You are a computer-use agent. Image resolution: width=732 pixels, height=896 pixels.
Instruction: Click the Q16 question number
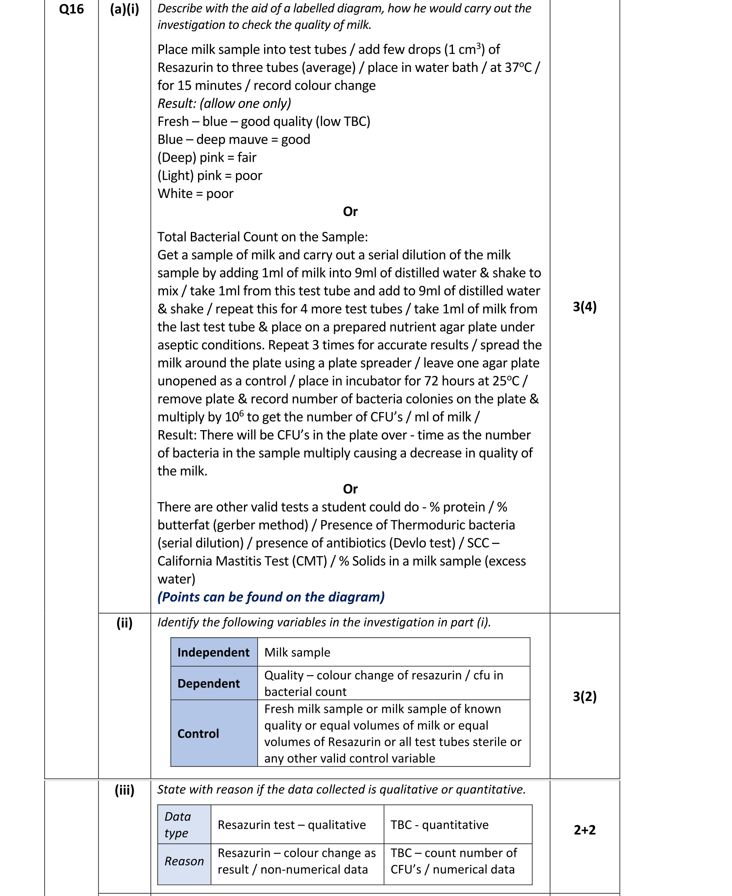pyautogui.click(x=71, y=9)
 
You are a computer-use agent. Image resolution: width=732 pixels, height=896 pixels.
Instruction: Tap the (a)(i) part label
pyautogui.click(x=124, y=9)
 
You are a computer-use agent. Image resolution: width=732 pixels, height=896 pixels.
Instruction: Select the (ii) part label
pyautogui.click(x=124, y=622)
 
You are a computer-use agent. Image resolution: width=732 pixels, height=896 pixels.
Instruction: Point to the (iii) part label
pyautogui.click(x=124, y=789)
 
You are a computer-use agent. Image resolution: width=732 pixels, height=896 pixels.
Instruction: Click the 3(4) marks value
pyautogui.click(x=584, y=307)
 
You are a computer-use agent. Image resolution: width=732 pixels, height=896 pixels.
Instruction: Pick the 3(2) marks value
pyautogui.click(x=584, y=696)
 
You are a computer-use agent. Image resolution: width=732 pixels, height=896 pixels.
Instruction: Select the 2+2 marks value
pyautogui.click(x=584, y=830)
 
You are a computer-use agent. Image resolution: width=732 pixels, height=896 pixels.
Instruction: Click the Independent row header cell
pyautogui.click(x=213, y=652)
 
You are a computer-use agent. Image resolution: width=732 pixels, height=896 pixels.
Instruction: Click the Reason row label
pyautogui.click(x=184, y=861)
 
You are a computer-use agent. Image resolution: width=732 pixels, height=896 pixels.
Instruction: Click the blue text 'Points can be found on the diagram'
pyautogui.click(x=271, y=597)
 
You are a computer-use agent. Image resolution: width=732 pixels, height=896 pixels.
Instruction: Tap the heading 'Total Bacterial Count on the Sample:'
pyautogui.click(x=262, y=237)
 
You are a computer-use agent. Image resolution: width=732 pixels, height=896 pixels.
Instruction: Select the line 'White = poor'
pyautogui.click(x=195, y=194)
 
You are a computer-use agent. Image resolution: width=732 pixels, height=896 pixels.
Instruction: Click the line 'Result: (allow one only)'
pyautogui.click(x=224, y=103)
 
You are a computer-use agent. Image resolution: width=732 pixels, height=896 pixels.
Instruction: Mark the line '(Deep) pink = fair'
pyautogui.click(x=207, y=158)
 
